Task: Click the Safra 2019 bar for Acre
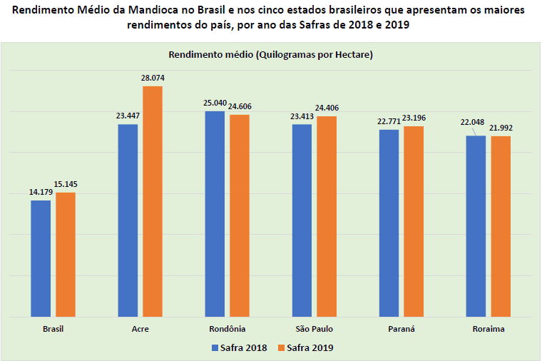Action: (153, 201)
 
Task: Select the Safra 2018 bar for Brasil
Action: (41, 258)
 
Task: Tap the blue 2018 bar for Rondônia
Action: (215, 213)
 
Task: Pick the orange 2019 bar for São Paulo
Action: (327, 216)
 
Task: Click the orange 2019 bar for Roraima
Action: (501, 225)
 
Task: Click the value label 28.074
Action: (153, 78)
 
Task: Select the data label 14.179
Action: (40, 192)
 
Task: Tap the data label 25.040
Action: (215, 103)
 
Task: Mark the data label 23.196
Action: (414, 118)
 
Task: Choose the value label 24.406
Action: (327, 108)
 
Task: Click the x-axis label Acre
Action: (140, 329)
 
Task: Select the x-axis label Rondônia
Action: (227, 329)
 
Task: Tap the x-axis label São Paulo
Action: (315, 329)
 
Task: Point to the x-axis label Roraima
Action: (489, 329)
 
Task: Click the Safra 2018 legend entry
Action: (239, 347)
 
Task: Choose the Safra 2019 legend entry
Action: (305, 347)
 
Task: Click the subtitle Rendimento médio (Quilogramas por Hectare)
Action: (271, 55)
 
